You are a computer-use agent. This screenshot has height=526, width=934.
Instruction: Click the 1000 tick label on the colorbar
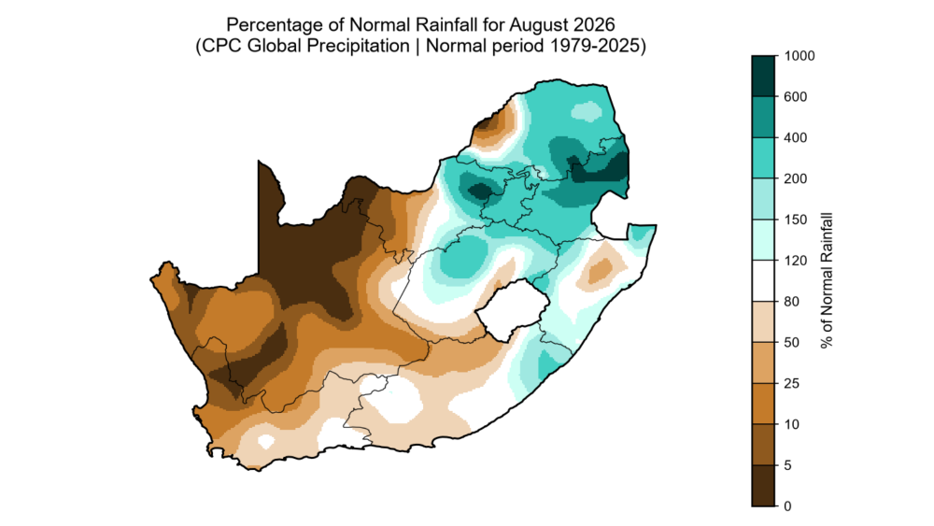[800, 56]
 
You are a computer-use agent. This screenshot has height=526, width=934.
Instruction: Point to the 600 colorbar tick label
[796, 97]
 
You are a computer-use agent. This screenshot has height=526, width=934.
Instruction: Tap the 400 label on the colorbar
[796, 137]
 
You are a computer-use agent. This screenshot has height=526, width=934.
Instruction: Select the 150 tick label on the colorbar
[796, 220]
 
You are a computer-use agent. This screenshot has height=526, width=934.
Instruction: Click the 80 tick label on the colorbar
[792, 302]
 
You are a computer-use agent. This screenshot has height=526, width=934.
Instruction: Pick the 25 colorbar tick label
[792, 384]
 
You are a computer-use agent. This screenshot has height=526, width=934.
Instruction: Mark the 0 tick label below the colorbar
[788, 506]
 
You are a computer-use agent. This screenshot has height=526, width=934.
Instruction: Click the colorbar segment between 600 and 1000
[764, 77]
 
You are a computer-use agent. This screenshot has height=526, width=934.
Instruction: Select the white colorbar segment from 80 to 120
[764, 281]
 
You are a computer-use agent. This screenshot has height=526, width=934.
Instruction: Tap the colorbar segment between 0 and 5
[764, 486]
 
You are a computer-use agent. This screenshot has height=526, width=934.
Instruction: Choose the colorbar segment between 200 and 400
[764, 159]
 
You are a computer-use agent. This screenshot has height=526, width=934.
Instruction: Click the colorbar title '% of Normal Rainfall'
[827, 280]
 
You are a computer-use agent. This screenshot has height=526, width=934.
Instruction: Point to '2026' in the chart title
[594, 25]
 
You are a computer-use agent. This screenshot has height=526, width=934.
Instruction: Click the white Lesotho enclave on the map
[512, 311]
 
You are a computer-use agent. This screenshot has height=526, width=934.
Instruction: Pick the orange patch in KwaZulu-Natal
[601, 272]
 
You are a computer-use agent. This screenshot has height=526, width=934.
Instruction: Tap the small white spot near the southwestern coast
[265, 441]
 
